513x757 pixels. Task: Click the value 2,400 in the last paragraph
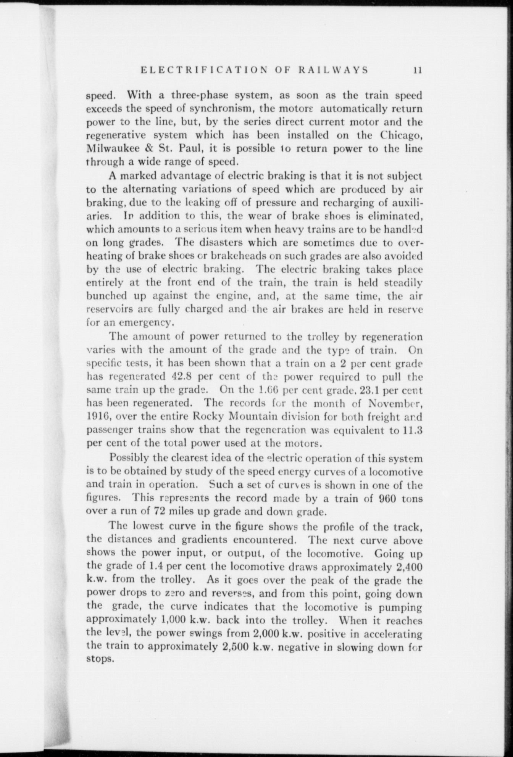409,567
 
